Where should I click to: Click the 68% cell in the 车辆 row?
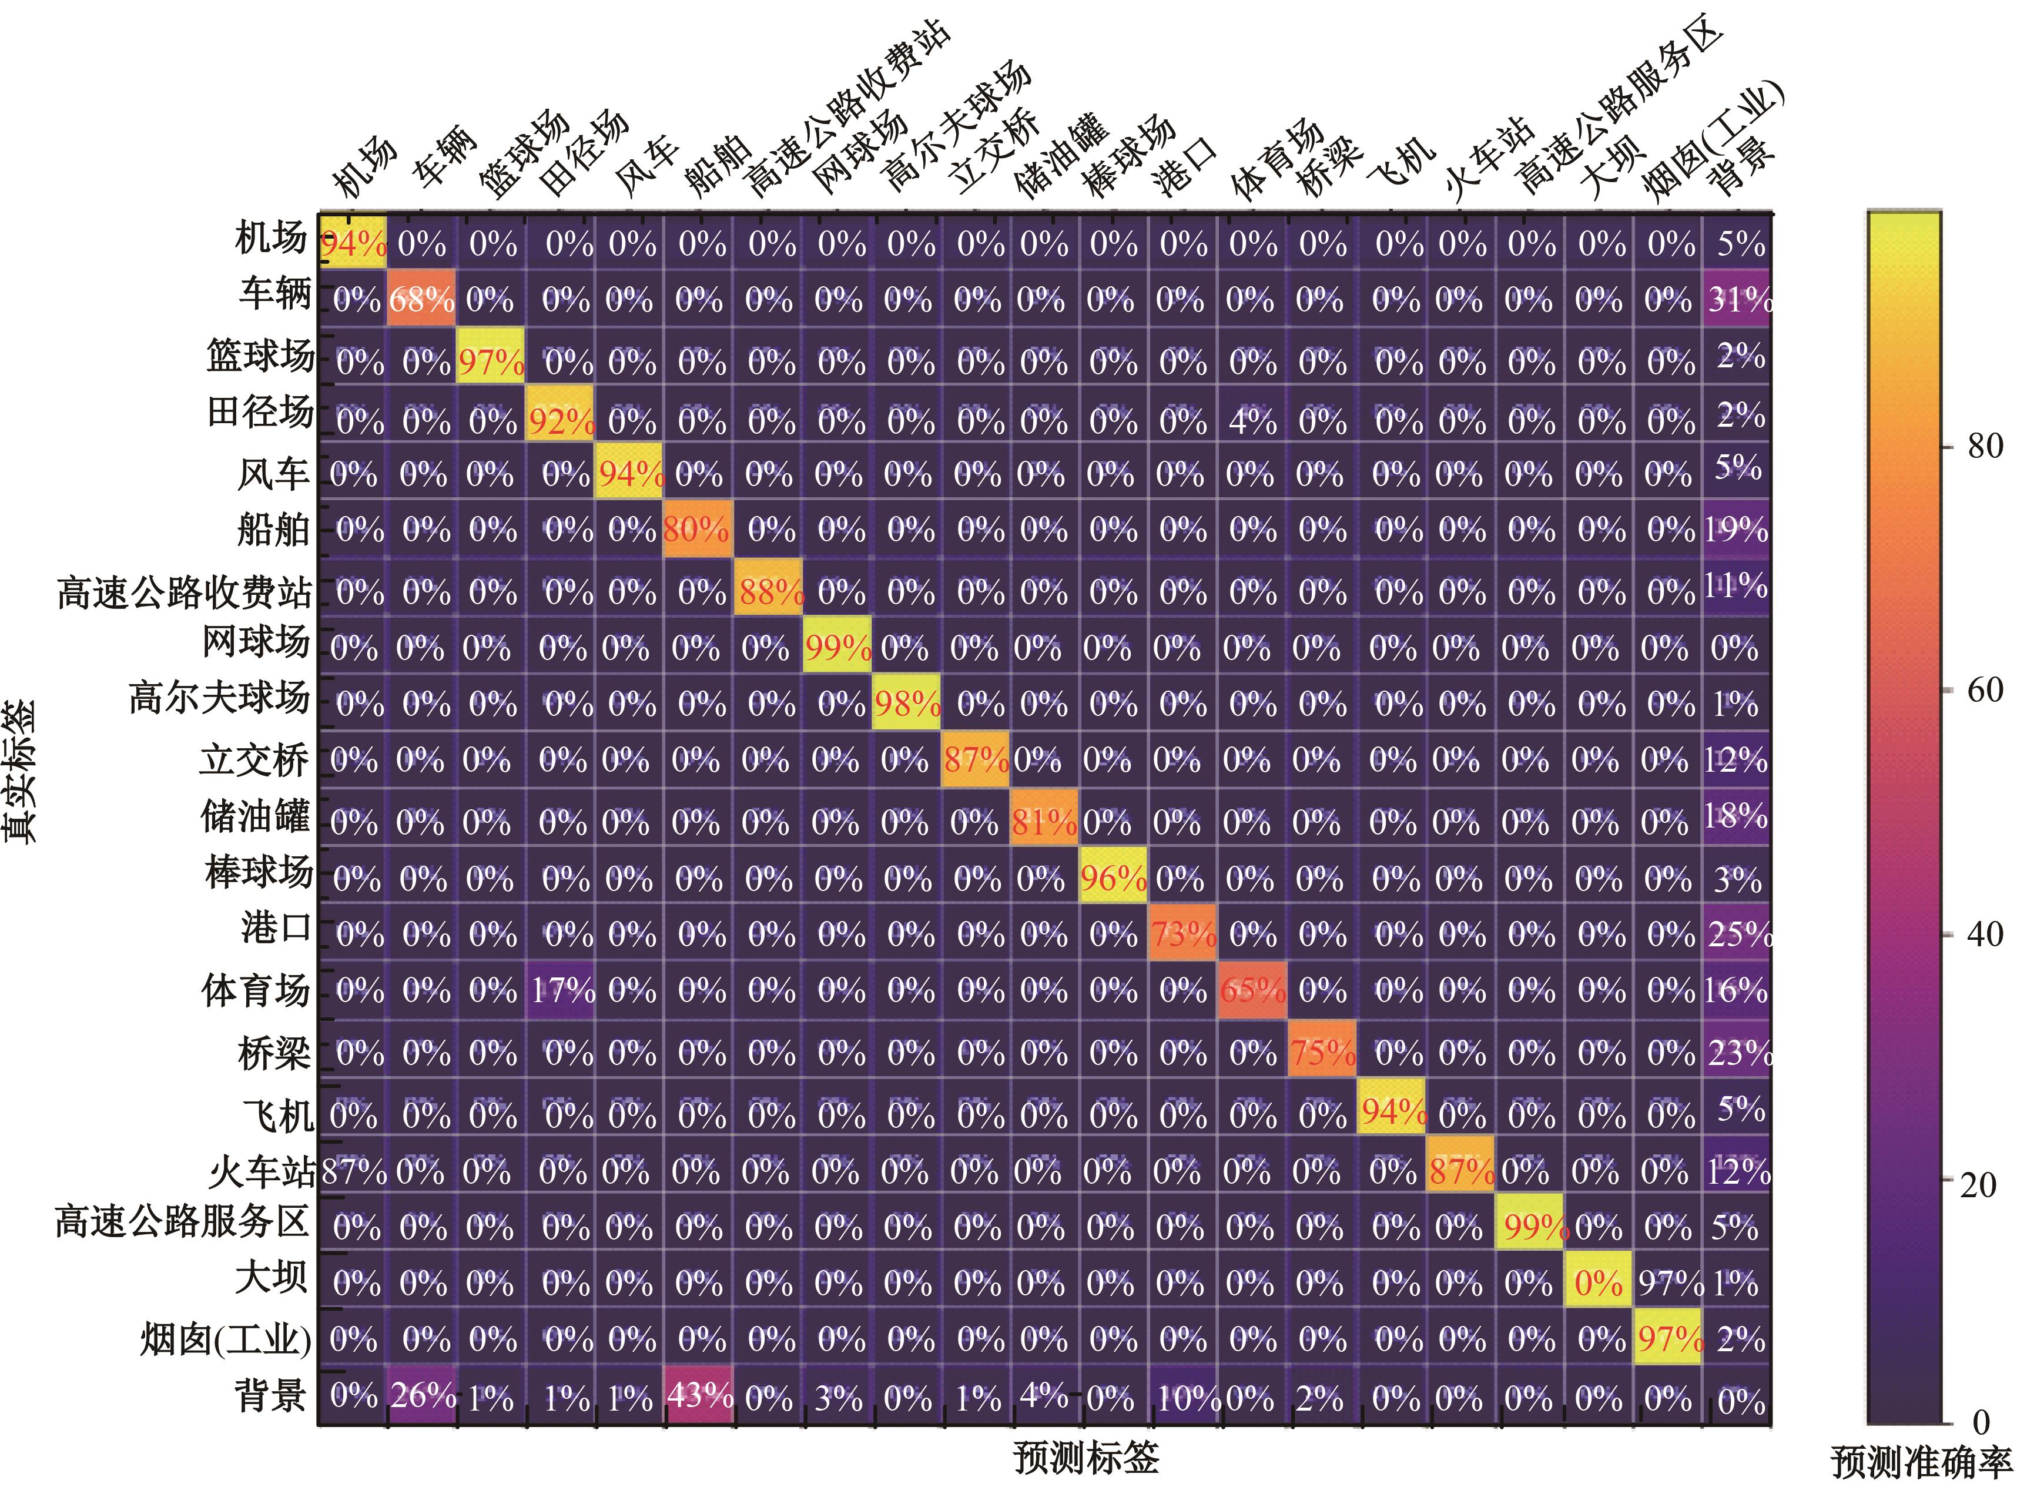point(421,299)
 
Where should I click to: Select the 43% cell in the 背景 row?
point(699,1396)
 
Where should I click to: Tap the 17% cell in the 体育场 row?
point(562,991)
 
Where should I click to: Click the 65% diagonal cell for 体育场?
point(1252,991)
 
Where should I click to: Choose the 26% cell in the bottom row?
point(422,1396)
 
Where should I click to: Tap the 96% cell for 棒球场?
point(1113,878)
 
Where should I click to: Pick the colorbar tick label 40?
point(1985,935)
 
